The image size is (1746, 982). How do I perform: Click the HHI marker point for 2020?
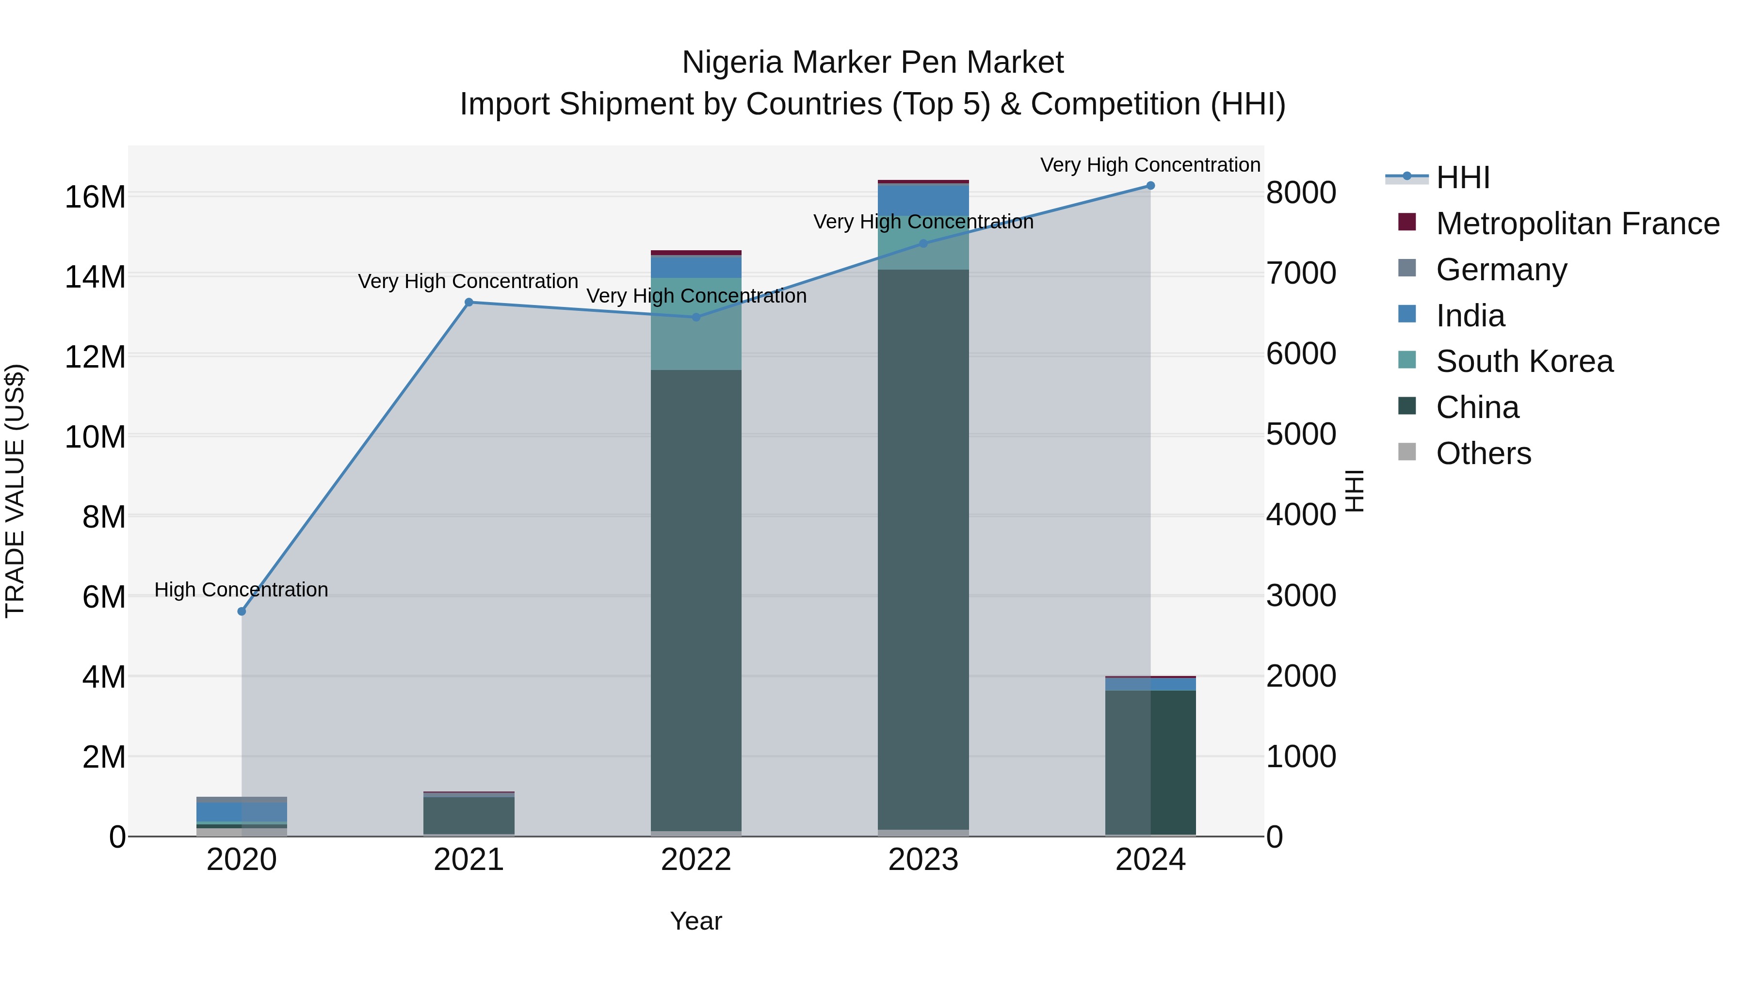click(x=242, y=612)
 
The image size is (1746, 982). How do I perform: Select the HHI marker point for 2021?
click(x=469, y=302)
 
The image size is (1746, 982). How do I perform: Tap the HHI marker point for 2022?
click(x=696, y=317)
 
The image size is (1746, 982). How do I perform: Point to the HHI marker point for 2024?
click(x=1150, y=186)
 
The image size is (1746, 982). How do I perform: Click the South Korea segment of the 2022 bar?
click(x=696, y=324)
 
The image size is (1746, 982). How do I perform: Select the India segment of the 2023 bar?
click(x=923, y=199)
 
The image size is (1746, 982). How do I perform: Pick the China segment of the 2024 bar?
click(x=1150, y=762)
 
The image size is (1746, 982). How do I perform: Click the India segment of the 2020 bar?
click(x=242, y=811)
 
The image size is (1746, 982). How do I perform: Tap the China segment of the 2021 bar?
click(x=469, y=815)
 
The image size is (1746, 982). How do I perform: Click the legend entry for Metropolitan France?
click(x=1577, y=224)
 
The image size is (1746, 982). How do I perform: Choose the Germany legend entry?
click(x=1501, y=270)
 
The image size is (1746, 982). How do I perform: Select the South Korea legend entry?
click(x=1524, y=362)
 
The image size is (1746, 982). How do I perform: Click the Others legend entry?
click(x=1483, y=453)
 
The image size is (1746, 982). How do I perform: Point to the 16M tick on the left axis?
click(x=95, y=197)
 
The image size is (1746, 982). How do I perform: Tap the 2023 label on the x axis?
click(x=923, y=860)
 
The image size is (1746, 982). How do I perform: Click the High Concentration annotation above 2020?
click(x=242, y=590)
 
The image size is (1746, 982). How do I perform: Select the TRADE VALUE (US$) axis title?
click(x=15, y=491)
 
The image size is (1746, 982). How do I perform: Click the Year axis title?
click(x=696, y=921)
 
